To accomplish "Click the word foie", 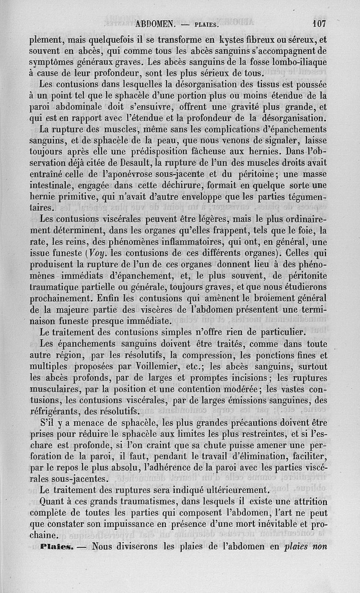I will click(x=303, y=231).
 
